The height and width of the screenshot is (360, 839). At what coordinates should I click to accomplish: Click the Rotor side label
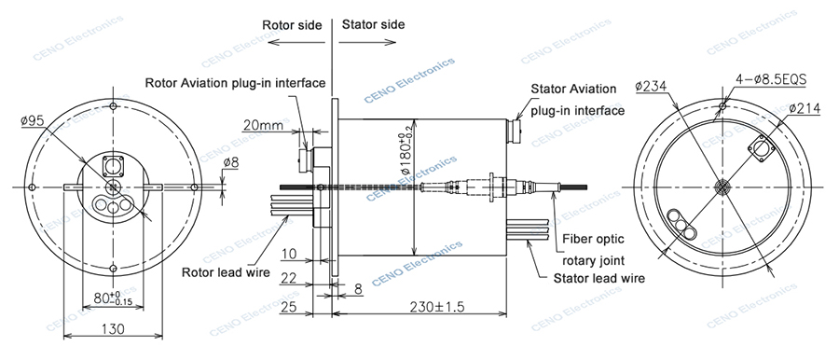pyautogui.click(x=292, y=25)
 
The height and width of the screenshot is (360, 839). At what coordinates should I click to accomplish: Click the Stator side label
pyautogui.click(x=374, y=24)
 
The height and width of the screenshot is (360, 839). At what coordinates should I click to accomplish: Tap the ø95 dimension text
pyautogui.click(x=32, y=121)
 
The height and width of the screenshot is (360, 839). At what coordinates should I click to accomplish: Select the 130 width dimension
pyautogui.click(x=113, y=328)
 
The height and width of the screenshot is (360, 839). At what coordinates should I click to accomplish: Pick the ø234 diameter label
pyautogui.click(x=652, y=86)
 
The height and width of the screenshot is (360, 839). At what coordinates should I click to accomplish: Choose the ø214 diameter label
pyautogui.click(x=805, y=108)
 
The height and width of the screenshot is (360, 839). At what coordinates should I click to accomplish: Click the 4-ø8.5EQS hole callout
pyautogui.click(x=771, y=80)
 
